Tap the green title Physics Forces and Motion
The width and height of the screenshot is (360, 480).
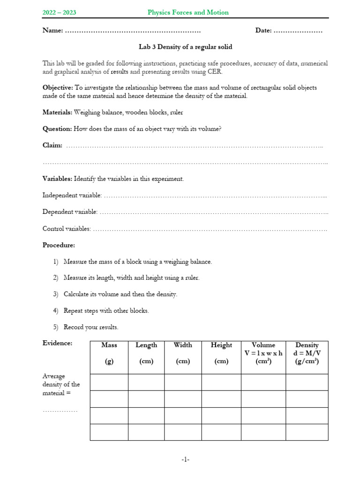188,13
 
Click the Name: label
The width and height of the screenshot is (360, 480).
52,30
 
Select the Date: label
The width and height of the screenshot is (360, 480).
263,30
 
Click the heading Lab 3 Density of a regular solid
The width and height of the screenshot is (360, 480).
185,47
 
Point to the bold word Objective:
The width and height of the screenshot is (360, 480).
58,88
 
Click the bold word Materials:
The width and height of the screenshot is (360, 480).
58,112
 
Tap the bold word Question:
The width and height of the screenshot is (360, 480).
57,129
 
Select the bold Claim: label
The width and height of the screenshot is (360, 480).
52,145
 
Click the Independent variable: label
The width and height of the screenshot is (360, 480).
72,195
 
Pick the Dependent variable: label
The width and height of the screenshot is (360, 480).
70,212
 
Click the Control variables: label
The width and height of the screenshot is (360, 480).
67,229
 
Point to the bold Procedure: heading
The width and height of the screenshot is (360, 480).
59,245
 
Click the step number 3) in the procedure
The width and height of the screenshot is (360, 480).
56,294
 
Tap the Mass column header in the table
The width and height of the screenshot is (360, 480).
109,345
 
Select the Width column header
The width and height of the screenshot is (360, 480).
183,345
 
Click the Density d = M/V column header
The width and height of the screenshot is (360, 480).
307,353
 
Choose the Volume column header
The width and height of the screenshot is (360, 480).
263,353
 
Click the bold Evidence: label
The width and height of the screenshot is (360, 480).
58,343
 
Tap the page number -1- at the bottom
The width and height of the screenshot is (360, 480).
186,460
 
